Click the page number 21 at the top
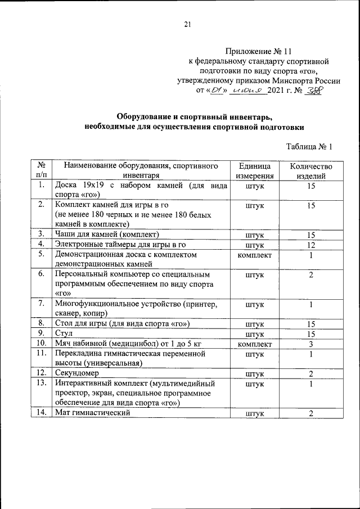[188, 23]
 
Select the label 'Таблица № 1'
[309, 147]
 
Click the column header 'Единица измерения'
[255, 171]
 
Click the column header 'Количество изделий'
[310, 171]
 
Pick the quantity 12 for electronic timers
[310, 245]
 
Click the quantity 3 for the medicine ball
[310, 344]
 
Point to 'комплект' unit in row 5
[255, 255]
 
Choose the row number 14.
[41, 413]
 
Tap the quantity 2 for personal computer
[310, 274]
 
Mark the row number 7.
[41, 304]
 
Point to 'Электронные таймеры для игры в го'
[120, 245]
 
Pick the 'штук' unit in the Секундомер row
[255, 373]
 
